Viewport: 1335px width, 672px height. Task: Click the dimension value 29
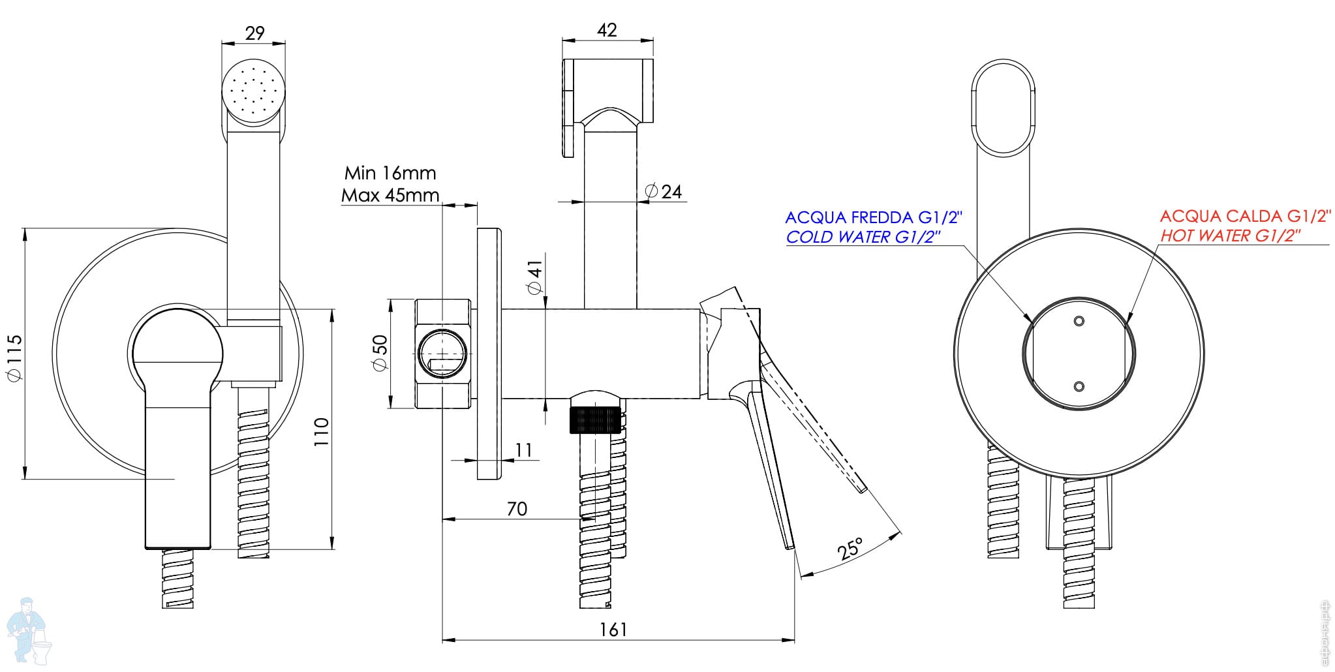(x=254, y=33)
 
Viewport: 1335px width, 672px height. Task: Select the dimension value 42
(x=607, y=30)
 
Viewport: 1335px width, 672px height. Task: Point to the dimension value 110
(x=322, y=431)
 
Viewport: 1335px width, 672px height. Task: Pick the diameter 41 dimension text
(x=534, y=276)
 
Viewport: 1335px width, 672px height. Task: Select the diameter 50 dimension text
(x=380, y=353)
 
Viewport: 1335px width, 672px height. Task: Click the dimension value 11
(x=523, y=450)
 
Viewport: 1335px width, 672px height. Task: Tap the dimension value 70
(x=517, y=508)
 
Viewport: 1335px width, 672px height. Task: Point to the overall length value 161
(x=613, y=629)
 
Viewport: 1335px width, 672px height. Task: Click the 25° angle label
(x=851, y=549)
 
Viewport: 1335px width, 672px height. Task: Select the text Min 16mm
(x=390, y=173)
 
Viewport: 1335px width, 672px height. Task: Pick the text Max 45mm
(x=390, y=194)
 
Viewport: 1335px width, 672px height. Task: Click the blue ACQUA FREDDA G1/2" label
(x=874, y=217)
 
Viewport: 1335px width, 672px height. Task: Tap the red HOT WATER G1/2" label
(x=1230, y=236)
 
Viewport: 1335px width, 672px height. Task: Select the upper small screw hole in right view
(x=1079, y=320)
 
